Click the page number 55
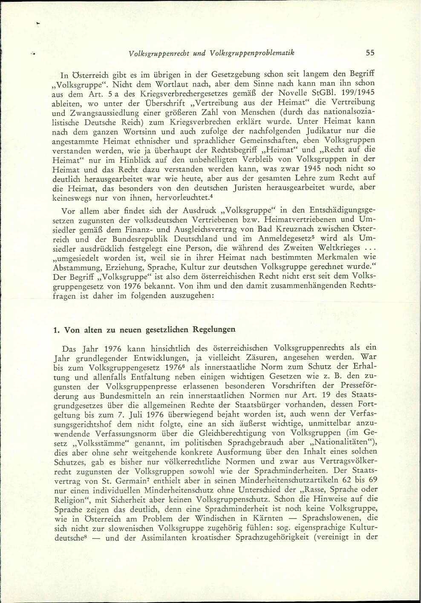369,53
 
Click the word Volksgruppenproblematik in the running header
255,53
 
